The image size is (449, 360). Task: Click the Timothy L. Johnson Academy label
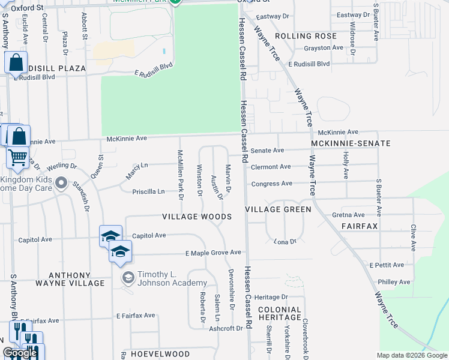point(172,279)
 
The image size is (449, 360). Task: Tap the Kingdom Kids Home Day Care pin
point(61,182)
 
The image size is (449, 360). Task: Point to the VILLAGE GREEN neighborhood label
point(278,209)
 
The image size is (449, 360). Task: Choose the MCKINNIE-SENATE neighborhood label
point(351,143)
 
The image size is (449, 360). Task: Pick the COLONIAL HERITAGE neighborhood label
point(280,313)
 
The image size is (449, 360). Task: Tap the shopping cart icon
point(17,158)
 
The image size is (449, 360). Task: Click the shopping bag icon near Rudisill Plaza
point(16,62)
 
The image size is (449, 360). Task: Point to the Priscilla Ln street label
point(148,191)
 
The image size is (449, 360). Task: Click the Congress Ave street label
point(271,183)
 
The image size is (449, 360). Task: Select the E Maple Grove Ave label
point(213,253)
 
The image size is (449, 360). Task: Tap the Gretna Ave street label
point(348,215)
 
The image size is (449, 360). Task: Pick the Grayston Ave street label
point(323,47)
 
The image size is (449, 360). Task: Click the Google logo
point(20,353)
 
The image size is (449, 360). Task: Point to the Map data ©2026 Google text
point(412,355)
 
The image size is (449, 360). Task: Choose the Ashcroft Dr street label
point(226,328)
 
